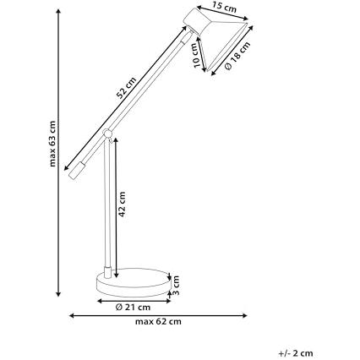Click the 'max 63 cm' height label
tap(52, 144)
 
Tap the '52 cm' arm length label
tap(126, 88)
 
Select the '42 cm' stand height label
tap(122, 205)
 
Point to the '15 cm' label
tap(225, 8)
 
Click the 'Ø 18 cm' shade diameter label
tap(237, 56)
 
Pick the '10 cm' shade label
tap(195, 55)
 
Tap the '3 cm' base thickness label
tap(176, 285)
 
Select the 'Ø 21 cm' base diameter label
tap(133, 307)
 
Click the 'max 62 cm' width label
tap(158, 321)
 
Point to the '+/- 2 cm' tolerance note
tap(296, 353)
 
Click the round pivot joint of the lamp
tap(107, 133)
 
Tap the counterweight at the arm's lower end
tap(77, 171)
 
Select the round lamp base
tap(134, 282)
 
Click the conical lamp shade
tap(226, 45)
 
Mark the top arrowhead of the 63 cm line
tap(58, 11)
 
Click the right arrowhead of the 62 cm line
tap(244, 315)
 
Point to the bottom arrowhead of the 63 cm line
tap(58, 293)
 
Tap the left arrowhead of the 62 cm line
tap(73, 315)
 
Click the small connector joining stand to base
tap(107, 272)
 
